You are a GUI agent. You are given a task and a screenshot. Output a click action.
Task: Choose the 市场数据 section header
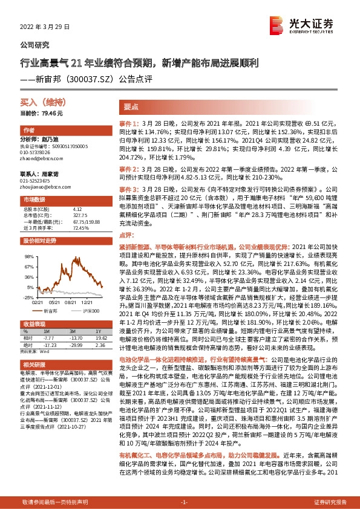(34, 199)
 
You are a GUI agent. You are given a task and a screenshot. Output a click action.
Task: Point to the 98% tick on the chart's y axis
(28, 256)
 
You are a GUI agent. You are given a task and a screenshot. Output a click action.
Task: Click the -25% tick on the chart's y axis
(28, 297)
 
